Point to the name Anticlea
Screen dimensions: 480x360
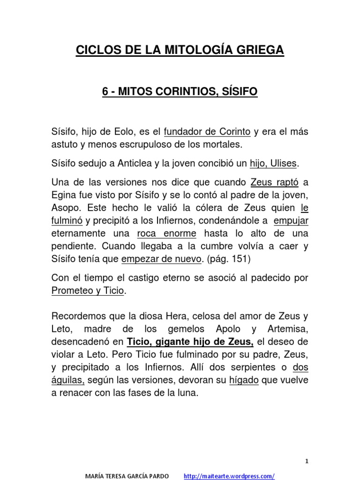[139, 163]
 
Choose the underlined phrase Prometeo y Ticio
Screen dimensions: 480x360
[88, 291]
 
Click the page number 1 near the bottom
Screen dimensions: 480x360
[307, 448]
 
